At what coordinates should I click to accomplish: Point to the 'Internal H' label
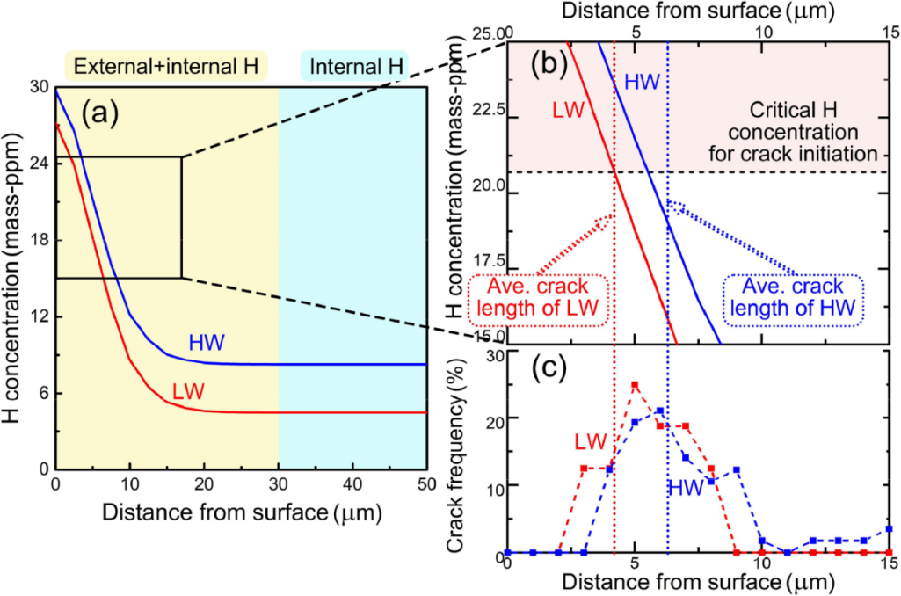pos(353,66)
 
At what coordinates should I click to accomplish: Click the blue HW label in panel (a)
pos(207,342)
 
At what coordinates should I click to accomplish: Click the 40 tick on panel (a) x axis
pos(352,484)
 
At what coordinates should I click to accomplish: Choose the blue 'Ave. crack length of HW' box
pos(793,300)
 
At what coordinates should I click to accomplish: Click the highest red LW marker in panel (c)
pos(635,385)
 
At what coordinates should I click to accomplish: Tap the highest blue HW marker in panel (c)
pos(659,411)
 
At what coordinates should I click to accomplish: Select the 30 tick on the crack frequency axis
pos(492,353)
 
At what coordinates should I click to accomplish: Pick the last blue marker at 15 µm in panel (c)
pos(890,528)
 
